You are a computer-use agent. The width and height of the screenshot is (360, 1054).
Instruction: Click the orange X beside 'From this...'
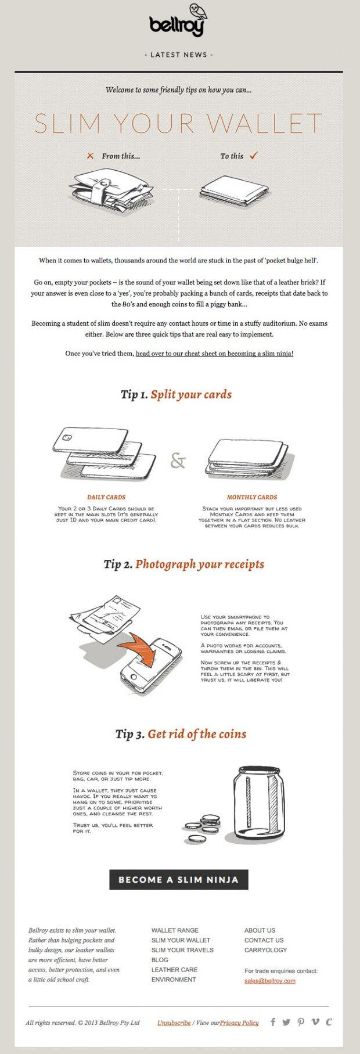(x=90, y=156)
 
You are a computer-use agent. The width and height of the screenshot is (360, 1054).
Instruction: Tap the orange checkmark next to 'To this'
(x=253, y=156)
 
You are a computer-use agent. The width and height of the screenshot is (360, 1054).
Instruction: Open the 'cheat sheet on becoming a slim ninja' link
(x=214, y=354)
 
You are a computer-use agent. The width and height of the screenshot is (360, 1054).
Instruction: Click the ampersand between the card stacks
(x=178, y=461)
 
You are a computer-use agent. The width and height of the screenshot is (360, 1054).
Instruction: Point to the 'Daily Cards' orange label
(x=106, y=497)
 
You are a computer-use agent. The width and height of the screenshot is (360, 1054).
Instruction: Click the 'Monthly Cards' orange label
(x=251, y=497)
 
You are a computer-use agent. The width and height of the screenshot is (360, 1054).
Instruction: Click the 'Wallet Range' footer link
(x=175, y=930)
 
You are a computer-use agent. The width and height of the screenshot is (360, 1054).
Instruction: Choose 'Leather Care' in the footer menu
(x=174, y=970)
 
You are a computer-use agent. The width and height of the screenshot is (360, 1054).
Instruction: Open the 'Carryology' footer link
(x=265, y=950)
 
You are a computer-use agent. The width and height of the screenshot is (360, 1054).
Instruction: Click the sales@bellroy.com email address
(x=269, y=981)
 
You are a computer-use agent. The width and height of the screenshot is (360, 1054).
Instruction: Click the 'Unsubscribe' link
(x=174, y=1023)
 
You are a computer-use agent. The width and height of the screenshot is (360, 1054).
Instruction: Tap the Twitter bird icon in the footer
(x=286, y=1022)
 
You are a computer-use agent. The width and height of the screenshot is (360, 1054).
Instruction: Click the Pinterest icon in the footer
(x=301, y=1022)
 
